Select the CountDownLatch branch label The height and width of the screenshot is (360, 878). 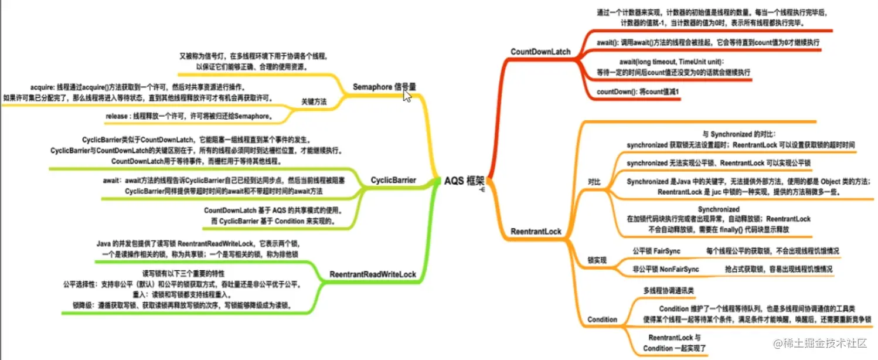pos(540,52)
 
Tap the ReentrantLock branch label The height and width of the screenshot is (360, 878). pos(536,231)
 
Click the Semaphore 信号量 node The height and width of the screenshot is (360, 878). pos(384,86)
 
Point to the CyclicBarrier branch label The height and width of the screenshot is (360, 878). pos(393,180)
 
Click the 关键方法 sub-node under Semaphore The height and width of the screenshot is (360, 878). pos(314,101)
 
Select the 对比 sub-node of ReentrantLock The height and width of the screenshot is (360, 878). pos(594,182)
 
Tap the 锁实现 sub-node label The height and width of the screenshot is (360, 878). pos(597,259)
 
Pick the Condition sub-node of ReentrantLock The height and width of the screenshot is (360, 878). pos(602,320)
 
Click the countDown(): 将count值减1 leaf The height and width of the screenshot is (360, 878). pos(637,92)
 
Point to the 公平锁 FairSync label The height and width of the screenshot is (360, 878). pos(656,251)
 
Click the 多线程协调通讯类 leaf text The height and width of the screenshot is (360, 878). pos(669,290)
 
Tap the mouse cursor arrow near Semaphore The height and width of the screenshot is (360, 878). pos(407,95)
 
